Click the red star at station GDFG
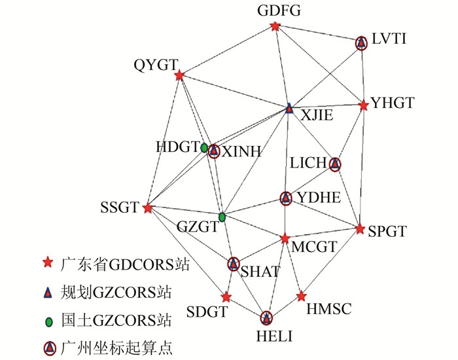pos(275,27)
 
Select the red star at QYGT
pos(179,76)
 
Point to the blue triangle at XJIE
pos(289,108)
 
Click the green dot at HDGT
pos(204,148)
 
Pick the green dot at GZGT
pos(222,217)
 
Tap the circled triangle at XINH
pos(213,151)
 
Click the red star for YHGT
pos(364,105)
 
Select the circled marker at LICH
pos(335,164)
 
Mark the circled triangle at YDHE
pos(285,198)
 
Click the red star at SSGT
pos(148,208)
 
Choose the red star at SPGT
pos(361,228)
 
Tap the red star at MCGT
pos(285,239)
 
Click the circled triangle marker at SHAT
pos(234,264)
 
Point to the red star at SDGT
pos(226,297)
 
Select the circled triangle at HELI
pos(266,319)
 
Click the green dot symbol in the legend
pos(47,321)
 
